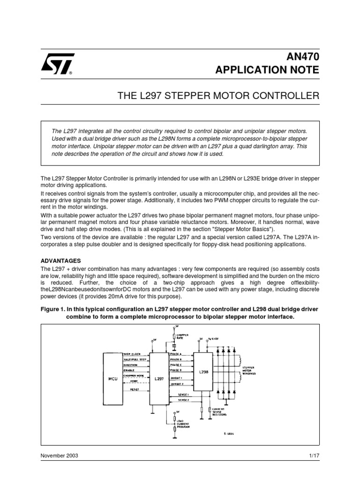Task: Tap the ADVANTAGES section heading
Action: [61, 260]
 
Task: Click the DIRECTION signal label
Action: [131, 364]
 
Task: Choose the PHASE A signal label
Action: [176, 354]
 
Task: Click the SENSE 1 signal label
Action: [177, 395]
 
